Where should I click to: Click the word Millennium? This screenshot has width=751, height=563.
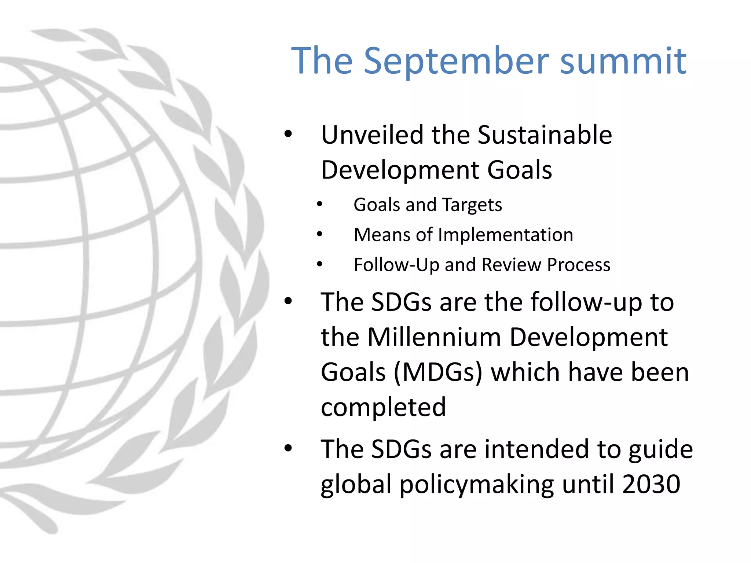click(434, 337)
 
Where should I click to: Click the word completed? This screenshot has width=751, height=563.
click(383, 408)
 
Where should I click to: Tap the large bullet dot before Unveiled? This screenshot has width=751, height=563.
click(288, 134)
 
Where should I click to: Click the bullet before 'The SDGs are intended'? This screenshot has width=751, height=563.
click(288, 448)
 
